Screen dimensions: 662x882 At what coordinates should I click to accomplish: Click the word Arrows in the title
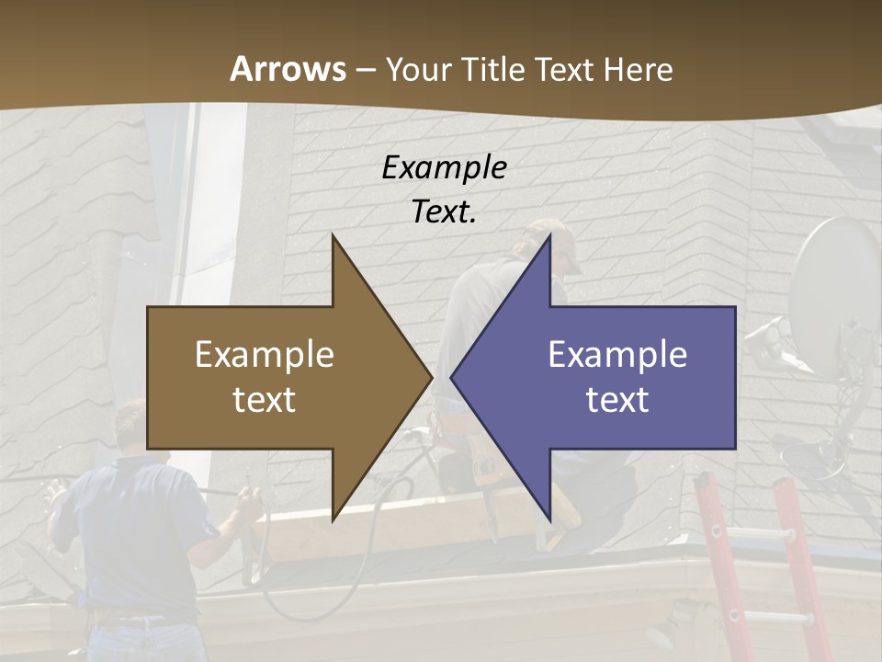click(x=288, y=69)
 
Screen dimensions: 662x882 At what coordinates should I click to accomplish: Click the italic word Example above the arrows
click(x=444, y=167)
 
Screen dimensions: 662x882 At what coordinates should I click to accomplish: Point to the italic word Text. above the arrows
click(x=444, y=211)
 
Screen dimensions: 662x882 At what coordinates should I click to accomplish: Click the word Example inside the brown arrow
click(x=265, y=354)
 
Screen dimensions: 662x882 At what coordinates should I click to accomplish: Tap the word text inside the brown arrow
click(x=265, y=399)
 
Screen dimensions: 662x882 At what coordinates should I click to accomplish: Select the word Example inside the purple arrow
click(x=617, y=354)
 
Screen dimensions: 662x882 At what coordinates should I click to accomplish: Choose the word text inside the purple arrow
click(x=617, y=399)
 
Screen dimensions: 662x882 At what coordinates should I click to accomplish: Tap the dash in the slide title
click(x=365, y=69)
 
